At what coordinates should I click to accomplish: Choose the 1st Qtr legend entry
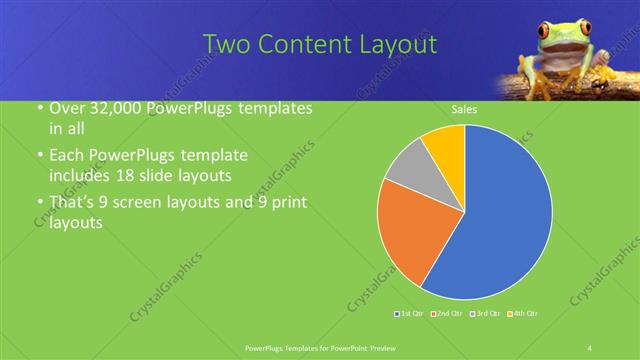click(411, 314)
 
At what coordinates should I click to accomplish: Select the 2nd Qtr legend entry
click(448, 314)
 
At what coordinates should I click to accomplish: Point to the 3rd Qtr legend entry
click(485, 314)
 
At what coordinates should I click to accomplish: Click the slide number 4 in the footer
click(590, 347)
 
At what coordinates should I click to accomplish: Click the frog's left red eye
click(546, 31)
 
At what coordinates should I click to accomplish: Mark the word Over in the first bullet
click(67, 108)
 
